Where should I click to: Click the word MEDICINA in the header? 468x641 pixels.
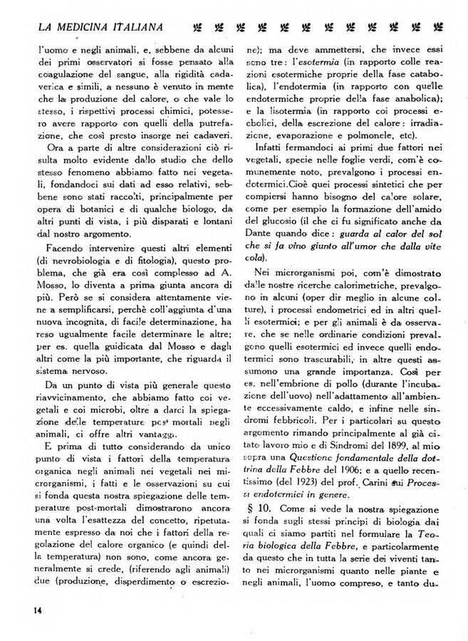72,27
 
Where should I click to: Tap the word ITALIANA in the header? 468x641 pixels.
137,27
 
